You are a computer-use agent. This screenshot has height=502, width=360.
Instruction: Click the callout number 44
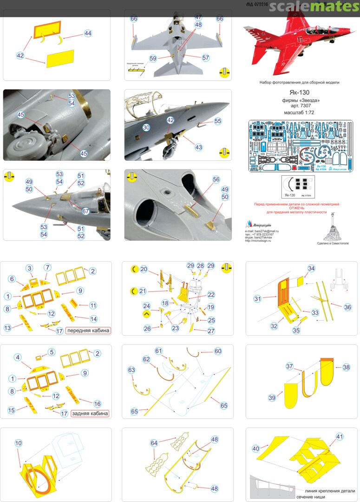(88, 33)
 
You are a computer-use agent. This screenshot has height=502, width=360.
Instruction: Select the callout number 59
(153, 59)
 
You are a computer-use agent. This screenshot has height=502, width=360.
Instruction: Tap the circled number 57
(206, 58)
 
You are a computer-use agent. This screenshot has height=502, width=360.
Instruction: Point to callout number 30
(146, 127)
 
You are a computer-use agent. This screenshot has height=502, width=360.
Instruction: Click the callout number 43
(198, 147)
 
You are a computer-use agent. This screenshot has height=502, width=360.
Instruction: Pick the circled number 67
(85, 198)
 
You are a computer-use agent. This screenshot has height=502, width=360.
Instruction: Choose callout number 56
(216, 179)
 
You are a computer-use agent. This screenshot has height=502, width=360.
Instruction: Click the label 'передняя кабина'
(88, 331)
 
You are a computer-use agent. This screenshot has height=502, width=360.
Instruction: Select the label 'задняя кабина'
(90, 413)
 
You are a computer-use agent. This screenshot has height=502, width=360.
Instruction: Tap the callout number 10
(19, 443)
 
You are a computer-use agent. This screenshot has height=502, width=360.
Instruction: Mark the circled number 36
(347, 307)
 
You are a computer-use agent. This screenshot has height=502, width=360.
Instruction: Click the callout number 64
(154, 443)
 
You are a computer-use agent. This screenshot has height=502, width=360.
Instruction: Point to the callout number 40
(255, 449)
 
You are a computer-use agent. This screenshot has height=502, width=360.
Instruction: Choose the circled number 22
(211, 295)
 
